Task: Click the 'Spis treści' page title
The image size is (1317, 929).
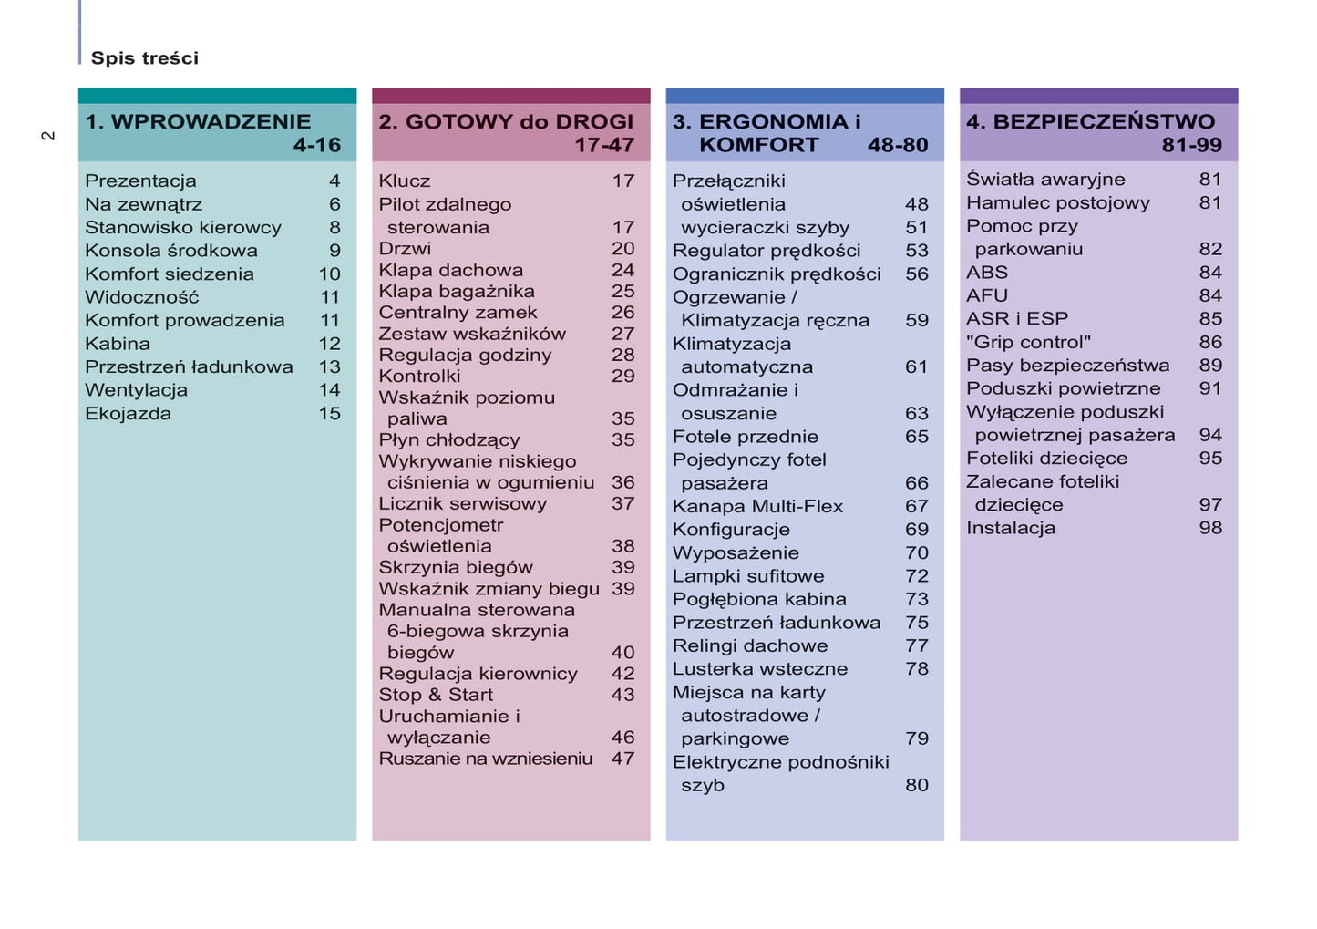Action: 144,58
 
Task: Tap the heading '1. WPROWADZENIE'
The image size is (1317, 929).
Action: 198,121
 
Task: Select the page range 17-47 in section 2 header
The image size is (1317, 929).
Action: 603,145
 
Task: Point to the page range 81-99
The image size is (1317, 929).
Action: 1191,145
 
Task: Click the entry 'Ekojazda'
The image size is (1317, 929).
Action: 128,414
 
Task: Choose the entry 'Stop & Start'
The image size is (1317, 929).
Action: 436,695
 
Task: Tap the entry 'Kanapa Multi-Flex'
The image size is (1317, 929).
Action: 757,506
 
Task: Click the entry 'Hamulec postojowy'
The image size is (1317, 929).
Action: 1057,202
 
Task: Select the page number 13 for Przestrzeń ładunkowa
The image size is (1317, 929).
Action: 329,366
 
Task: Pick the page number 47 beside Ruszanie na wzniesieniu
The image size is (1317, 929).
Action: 622,759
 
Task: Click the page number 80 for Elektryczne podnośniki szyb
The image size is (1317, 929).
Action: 916,785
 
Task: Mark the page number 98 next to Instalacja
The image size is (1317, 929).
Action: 1209,528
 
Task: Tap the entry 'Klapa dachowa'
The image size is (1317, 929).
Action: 450,270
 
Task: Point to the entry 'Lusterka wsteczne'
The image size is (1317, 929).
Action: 759,669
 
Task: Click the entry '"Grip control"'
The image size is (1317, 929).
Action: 1028,342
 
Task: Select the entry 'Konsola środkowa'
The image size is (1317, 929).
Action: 170,251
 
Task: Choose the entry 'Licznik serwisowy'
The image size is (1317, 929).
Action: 462,503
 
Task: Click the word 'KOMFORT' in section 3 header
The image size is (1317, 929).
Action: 758,145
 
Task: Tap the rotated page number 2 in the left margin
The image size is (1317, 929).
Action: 48,136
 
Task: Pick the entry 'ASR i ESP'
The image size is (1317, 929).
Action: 1016,319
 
